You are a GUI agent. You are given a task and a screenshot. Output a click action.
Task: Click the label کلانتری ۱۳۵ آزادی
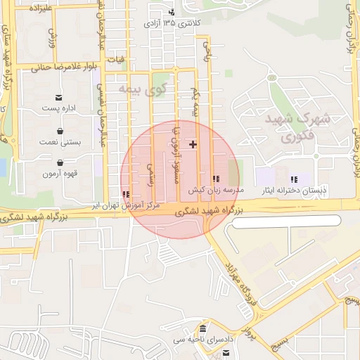pyautogui.click(x=172, y=23)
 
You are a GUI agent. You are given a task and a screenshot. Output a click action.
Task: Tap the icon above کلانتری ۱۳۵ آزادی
pyautogui.click(x=172, y=12)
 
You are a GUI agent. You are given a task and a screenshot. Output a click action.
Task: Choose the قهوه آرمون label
pyautogui.click(x=60, y=173)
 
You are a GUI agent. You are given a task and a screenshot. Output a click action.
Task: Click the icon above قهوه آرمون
pyautogui.click(x=60, y=162)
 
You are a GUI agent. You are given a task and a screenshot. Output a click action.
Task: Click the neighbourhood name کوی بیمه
pyautogui.click(x=142, y=89)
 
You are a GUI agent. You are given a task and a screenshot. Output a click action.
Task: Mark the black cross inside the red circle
pyautogui.click(x=193, y=143)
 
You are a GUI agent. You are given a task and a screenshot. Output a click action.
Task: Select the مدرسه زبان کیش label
pyautogui.click(x=215, y=191)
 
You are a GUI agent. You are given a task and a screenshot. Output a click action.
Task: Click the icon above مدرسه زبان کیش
pyautogui.click(x=215, y=179)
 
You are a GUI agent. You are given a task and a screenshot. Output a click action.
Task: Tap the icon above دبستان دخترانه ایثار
pyautogui.click(x=294, y=179)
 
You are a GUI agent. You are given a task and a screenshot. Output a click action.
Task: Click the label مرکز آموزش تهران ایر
pyautogui.click(x=125, y=205)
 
